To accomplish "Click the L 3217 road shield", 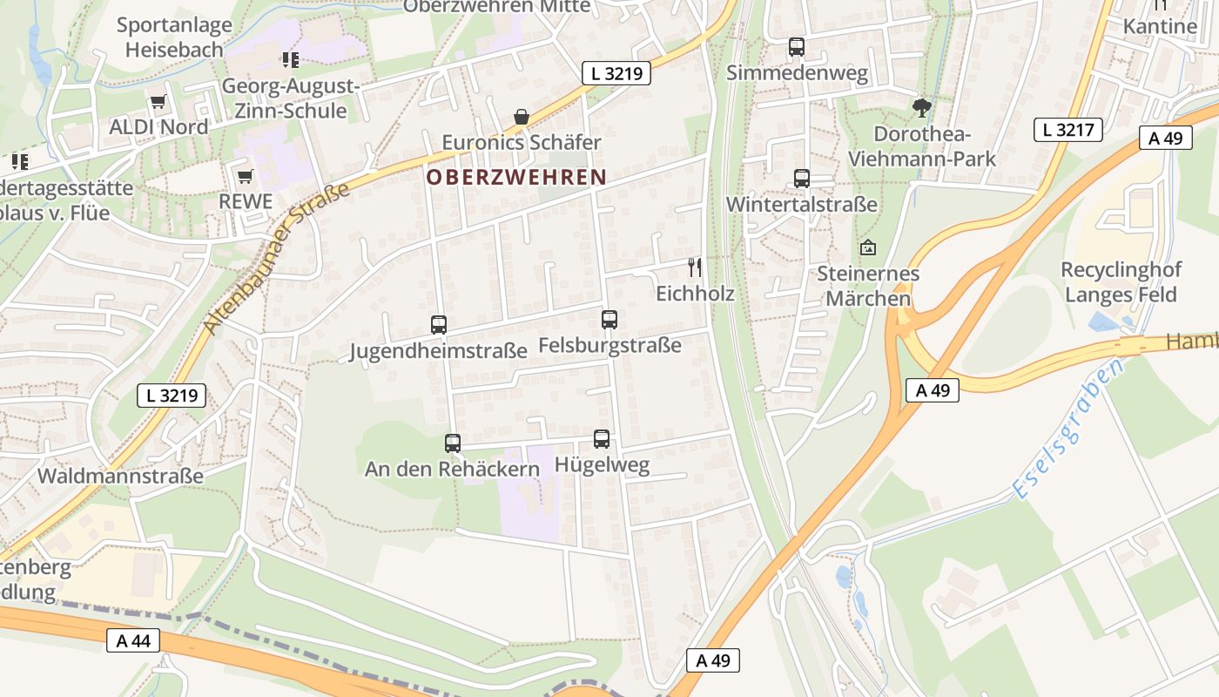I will [x=1068, y=130].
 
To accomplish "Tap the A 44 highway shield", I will [x=133, y=641].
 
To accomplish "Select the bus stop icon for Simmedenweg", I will [x=797, y=47].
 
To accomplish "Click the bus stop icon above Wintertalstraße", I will [x=802, y=179].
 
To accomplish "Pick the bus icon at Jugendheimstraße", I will [x=439, y=325].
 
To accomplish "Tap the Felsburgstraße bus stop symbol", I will [x=609, y=320].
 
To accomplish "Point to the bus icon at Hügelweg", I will [x=602, y=439].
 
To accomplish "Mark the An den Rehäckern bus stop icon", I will [x=453, y=443].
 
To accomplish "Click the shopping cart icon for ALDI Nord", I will [x=158, y=102].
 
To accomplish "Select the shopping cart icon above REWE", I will [x=245, y=176].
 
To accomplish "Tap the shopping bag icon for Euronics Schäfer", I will [x=521, y=117].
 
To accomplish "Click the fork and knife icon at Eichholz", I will [x=694, y=267].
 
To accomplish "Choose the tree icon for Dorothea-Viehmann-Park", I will [x=921, y=108].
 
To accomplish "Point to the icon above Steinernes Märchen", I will [x=867, y=248].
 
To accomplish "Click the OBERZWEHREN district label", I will [x=516, y=177].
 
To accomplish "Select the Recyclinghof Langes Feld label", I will [x=1120, y=282].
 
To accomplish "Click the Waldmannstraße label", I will [x=120, y=477].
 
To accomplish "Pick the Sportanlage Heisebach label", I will [x=174, y=37].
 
